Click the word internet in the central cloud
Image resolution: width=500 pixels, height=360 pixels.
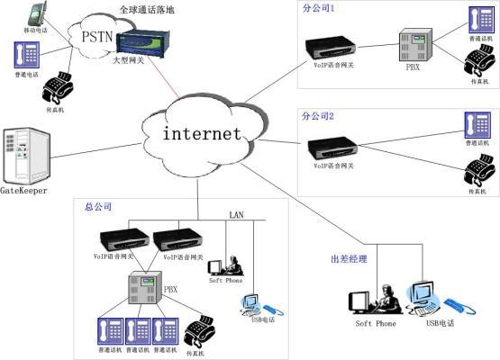tap(202, 135)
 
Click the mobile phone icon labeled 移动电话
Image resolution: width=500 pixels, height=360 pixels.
tap(35, 14)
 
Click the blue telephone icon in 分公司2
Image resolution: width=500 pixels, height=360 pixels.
tap(477, 124)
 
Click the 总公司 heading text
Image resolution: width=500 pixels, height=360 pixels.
tap(96, 206)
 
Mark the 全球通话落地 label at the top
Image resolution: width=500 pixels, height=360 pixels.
tap(146, 9)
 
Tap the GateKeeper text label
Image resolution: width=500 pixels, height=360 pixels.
tap(24, 191)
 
